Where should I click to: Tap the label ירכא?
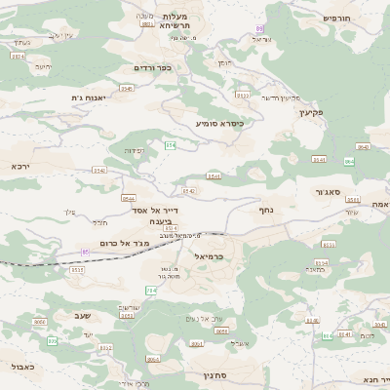tap(20, 167)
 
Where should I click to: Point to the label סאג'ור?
tap(327, 193)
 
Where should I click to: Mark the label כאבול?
tap(20, 367)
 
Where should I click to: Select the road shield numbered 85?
tap(85, 253)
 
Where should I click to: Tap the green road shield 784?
tap(151, 291)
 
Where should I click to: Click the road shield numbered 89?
tap(259, 30)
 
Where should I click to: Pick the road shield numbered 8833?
tap(147, 23)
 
